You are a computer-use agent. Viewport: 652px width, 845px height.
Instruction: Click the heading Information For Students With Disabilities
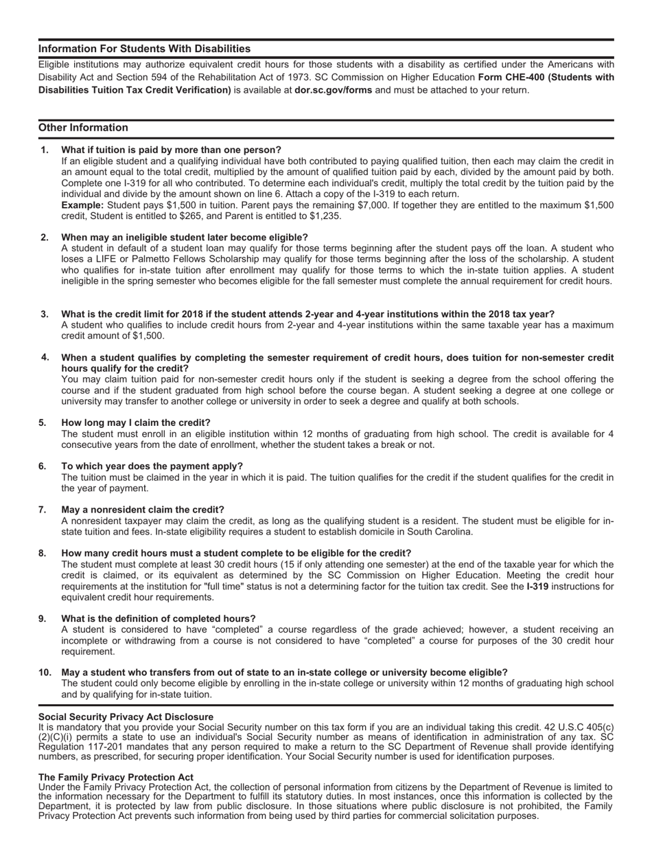(144, 49)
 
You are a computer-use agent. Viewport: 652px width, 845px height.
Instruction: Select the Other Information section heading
(83, 128)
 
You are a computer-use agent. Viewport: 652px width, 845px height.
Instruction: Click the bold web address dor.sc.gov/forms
(333, 90)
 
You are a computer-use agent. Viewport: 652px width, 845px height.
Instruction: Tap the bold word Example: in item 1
(82, 205)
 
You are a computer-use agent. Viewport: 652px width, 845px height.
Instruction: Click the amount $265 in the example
(189, 216)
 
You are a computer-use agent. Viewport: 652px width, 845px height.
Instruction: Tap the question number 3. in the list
(45, 314)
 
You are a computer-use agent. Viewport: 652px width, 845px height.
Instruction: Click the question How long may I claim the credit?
(136, 422)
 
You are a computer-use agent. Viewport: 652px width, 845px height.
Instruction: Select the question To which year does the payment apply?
(152, 466)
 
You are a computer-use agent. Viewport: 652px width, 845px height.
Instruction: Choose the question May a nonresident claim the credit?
(143, 510)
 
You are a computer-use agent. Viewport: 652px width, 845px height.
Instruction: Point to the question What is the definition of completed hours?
(159, 618)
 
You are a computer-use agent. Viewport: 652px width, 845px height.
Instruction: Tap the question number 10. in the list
(45, 672)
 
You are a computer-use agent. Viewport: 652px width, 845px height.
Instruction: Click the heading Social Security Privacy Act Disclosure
(126, 717)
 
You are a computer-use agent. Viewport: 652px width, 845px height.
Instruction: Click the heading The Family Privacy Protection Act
(116, 777)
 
